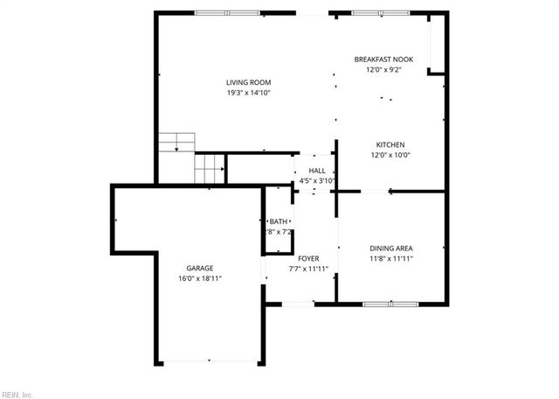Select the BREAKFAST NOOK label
(383, 59)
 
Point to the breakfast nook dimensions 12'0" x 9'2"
(383, 70)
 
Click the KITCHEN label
(390, 144)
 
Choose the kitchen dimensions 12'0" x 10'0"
(390, 155)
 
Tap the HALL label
(316, 171)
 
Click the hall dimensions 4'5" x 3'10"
(316, 181)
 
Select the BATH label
(278, 221)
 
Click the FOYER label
(308, 258)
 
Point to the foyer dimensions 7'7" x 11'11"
(308, 269)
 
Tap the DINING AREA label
(390, 248)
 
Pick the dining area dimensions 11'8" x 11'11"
(390, 259)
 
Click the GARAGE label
(199, 268)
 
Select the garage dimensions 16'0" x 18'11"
(199, 278)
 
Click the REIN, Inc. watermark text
(17, 394)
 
